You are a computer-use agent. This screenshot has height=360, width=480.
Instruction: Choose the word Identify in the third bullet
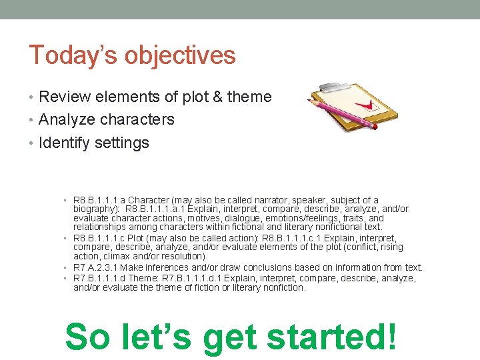65,143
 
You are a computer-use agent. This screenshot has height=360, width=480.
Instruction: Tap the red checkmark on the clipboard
361,106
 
